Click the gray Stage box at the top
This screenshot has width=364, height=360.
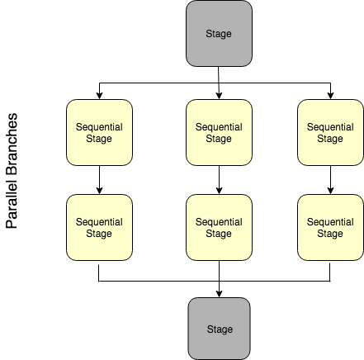click(219, 34)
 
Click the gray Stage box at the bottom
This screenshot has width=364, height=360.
click(219, 328)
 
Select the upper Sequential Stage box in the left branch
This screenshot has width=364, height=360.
click(99, 132)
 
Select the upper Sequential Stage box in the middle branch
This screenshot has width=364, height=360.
click(219, 132)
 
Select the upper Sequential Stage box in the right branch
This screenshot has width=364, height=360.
click(330, 132)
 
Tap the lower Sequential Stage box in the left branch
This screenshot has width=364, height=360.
click(99, 227)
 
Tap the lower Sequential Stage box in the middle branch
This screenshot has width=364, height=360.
click(219, 227)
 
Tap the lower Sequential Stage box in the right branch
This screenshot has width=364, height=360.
click(330, 227)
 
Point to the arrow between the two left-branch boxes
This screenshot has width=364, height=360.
click(99, 180)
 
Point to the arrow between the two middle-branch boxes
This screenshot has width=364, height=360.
click(219, 180)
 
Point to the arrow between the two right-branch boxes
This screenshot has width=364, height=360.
click(330, 180)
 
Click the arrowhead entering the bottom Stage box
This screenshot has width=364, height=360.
click(219, 293)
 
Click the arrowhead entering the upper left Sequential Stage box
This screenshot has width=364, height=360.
click(99, 95)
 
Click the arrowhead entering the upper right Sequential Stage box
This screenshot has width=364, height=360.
click(330, 95)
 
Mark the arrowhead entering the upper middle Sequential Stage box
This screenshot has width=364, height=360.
click(219, 95)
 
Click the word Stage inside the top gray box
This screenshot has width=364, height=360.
click(219, 34)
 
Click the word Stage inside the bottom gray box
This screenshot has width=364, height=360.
click(219, 329)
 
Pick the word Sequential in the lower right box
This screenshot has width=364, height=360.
click(330, 222)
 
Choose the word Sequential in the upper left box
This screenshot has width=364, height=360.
click(99, 127)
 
